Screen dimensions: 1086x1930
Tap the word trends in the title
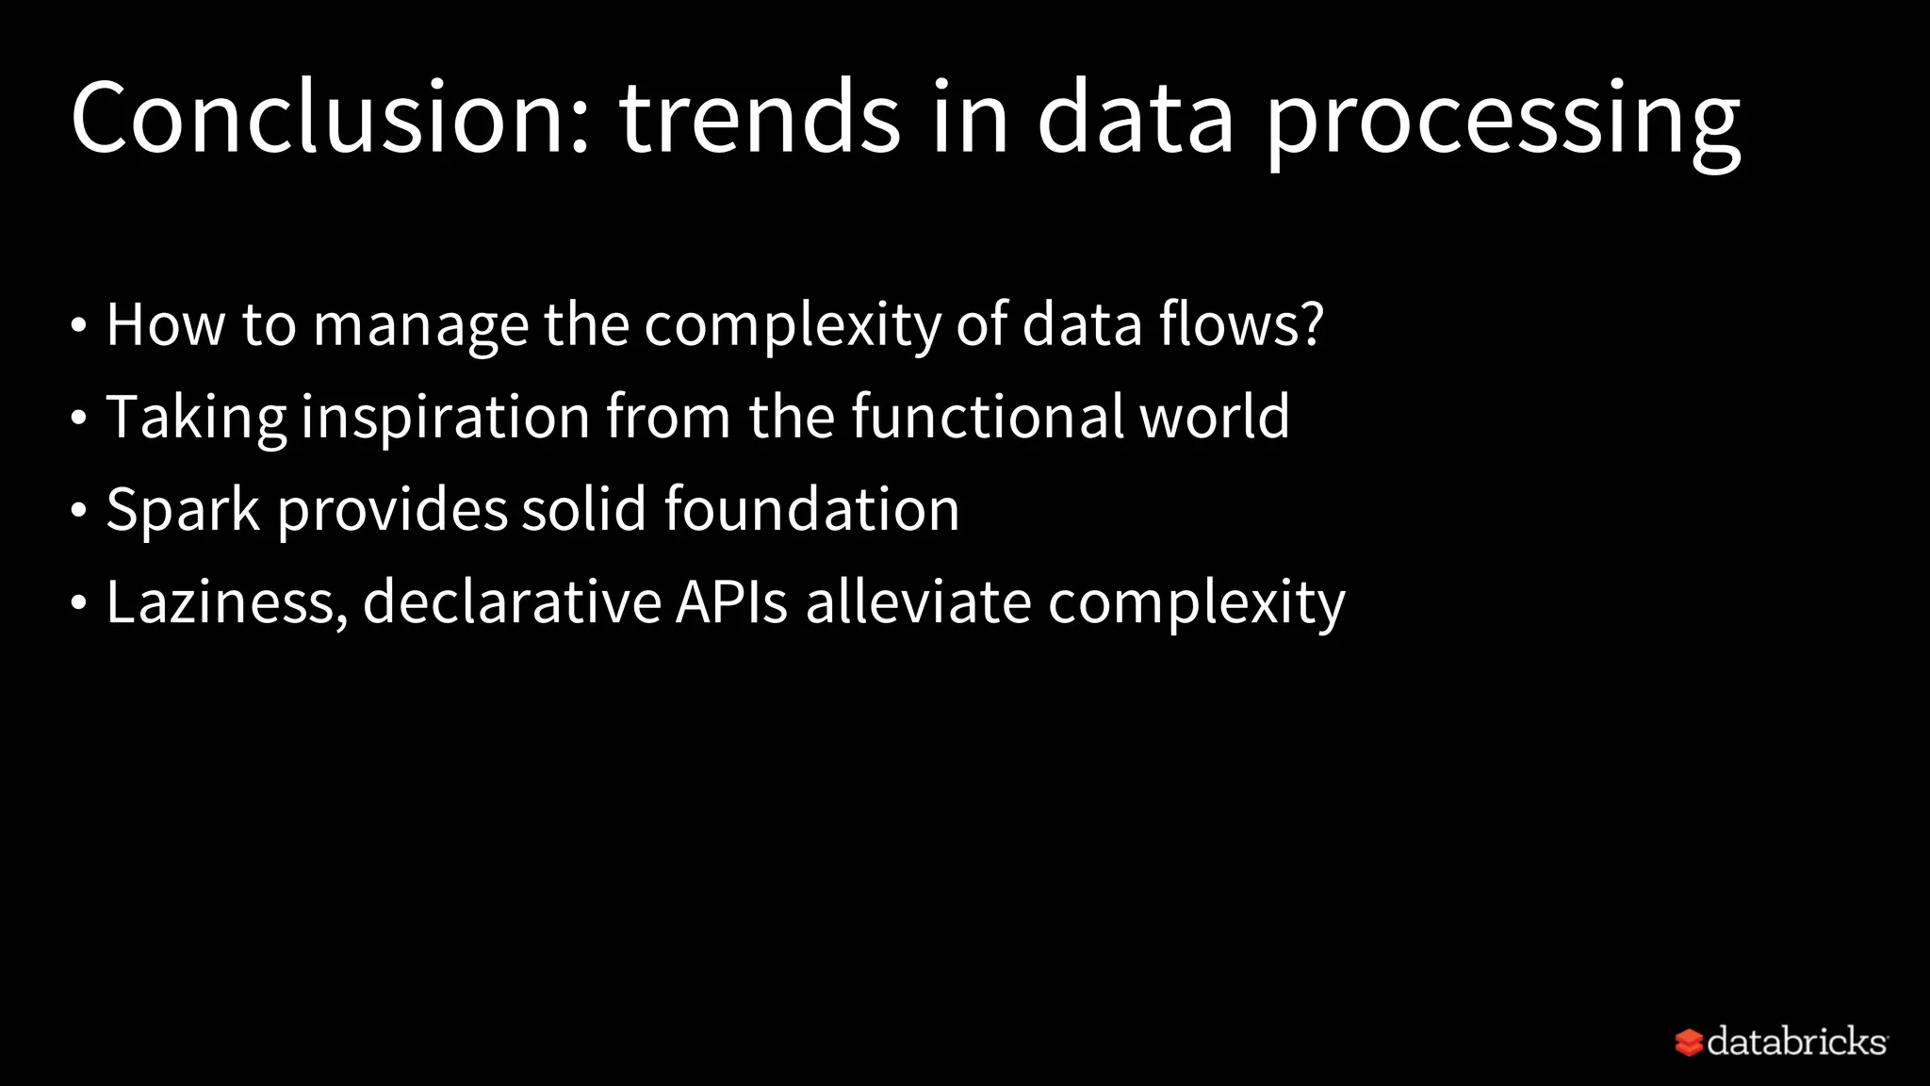point(760,118)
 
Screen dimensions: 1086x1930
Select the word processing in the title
point(1502,123)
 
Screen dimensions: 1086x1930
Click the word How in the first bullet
point(166,324)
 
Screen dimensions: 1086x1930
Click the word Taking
point(196,418)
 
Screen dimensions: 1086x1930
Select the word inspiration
point(445,418)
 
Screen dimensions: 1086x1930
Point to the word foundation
point(811,509)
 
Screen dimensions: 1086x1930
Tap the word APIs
point(731,602)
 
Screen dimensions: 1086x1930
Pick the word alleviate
point(918,602)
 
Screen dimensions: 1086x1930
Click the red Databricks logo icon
point(1688,1043)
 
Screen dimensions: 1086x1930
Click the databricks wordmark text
point(1796,1042)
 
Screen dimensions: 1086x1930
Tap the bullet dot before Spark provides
point(79,511)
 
